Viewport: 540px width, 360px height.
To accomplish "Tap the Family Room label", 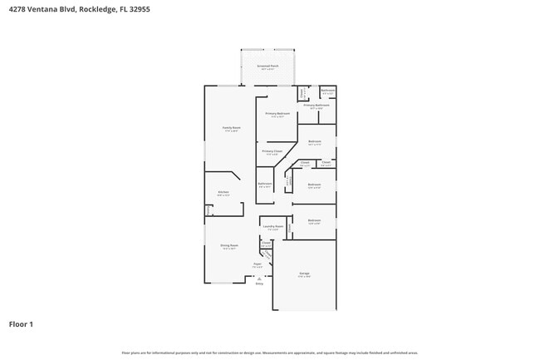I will [230, 128].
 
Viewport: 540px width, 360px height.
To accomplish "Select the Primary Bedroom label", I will [277, 113].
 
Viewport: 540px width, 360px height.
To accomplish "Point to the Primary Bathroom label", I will [316, 106].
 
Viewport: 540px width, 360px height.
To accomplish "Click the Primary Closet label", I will [272, 151].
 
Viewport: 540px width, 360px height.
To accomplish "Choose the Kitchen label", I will [223, 192].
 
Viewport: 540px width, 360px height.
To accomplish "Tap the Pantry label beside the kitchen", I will [209, 211].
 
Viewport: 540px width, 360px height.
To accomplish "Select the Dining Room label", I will [229, 245].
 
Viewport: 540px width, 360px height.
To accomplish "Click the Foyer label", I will [258, 264].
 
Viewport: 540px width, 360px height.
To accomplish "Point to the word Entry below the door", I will [259, 284].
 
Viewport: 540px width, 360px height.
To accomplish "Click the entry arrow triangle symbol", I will [259, 279].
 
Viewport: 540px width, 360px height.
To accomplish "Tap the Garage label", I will [304, 274].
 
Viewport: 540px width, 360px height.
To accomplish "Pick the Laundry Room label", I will [273, 226].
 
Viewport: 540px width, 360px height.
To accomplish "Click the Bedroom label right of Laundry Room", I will [314, 220].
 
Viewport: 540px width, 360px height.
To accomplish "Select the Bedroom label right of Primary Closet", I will [315, 141].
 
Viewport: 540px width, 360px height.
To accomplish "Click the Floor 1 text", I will [21, 323].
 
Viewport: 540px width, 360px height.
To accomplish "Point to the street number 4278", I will [17, 8].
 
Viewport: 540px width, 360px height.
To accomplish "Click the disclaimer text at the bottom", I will [269, 353].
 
